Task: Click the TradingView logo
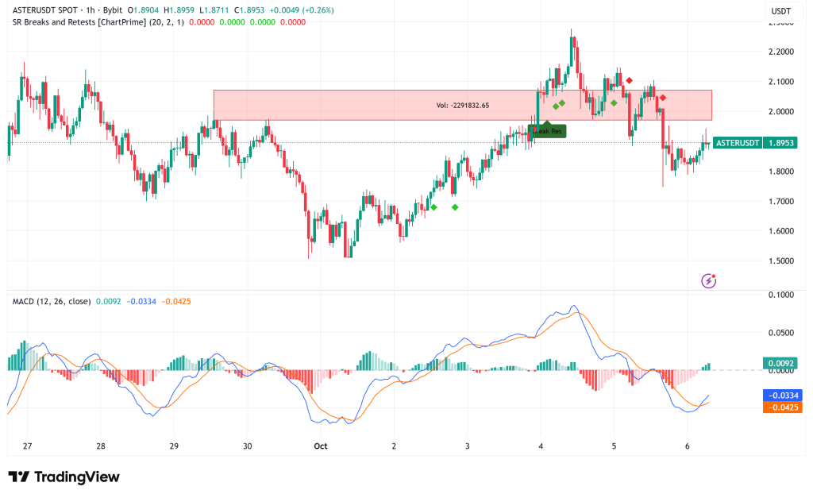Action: [64, 477]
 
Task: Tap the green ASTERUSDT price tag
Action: [737, 143]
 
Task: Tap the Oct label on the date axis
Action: [320, 446]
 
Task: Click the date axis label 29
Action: [174, 446]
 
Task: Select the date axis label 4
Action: [541, 446]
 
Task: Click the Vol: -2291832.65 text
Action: [463, 105]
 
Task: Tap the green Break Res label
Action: [548, 131]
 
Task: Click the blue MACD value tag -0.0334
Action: [782, 395]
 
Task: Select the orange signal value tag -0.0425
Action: [782, 407]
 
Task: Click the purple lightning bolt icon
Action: [709, 280]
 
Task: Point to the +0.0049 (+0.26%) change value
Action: [304, 10]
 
